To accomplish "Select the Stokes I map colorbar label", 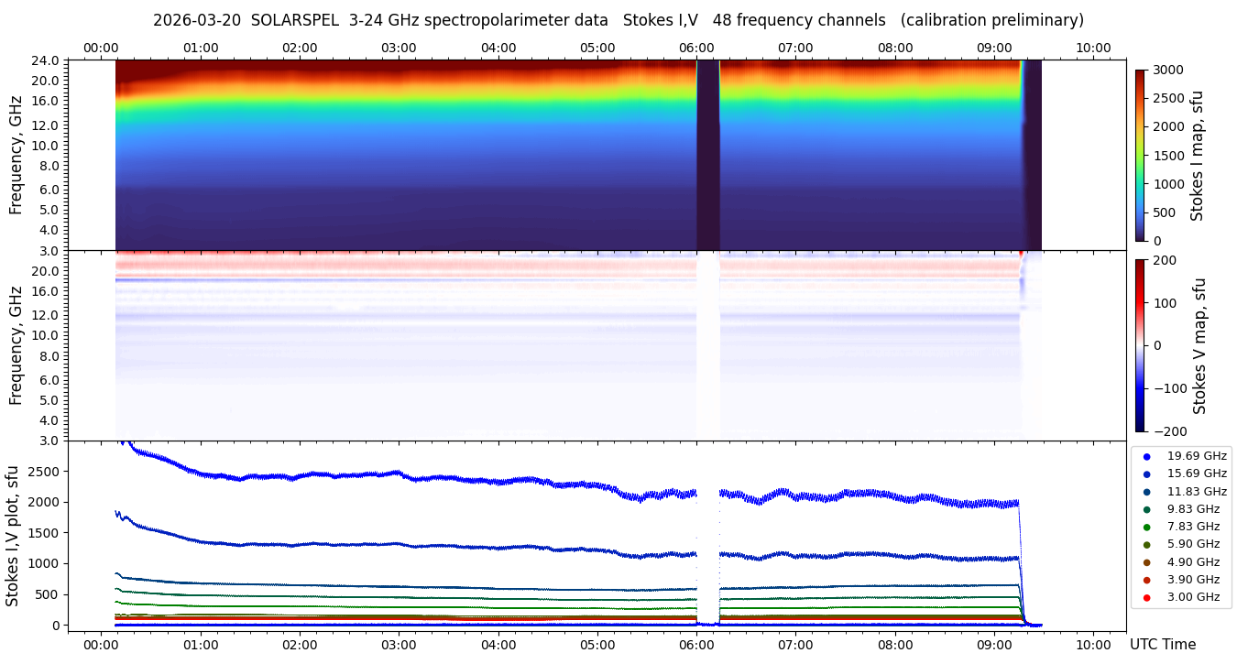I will point(1197,156).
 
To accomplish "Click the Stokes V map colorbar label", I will point(1200,345).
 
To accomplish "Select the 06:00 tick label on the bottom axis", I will point(697,645).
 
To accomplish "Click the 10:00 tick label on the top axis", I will point(1094,48).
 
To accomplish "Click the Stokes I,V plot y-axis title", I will point(13,536).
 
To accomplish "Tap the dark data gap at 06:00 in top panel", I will point(708,156).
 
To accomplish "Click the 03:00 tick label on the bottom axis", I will point(399,645).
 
